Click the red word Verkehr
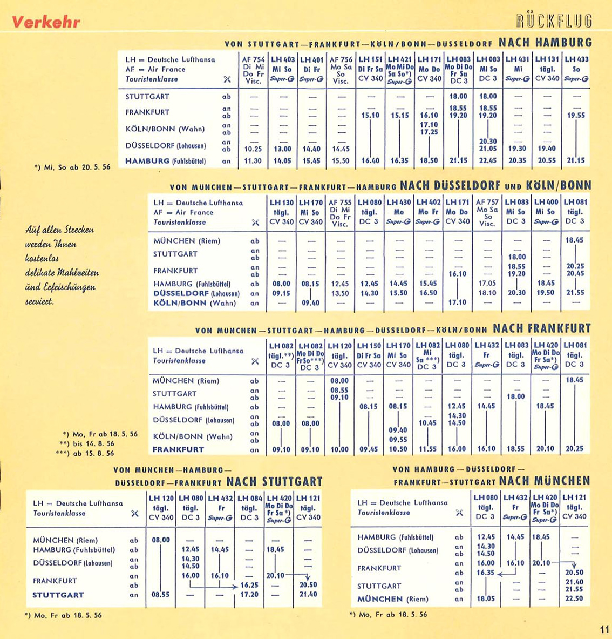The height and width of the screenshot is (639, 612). click(46, 22)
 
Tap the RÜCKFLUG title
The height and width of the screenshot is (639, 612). click(554, 21)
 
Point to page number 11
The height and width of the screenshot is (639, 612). click(604, 629)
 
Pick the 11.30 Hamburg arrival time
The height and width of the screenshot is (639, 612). click(253, 161)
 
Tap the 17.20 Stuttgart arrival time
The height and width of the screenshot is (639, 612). click(249, 595)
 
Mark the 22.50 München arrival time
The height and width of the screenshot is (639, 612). click(574, 598)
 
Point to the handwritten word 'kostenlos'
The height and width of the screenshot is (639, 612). click(42, 259)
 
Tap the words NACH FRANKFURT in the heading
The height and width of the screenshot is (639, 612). click(542, 328)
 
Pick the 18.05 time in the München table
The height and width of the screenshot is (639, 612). click(486, 598)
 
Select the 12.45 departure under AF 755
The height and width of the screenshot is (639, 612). click(340, 283)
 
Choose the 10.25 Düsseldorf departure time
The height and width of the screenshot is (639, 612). click(253, 149)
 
